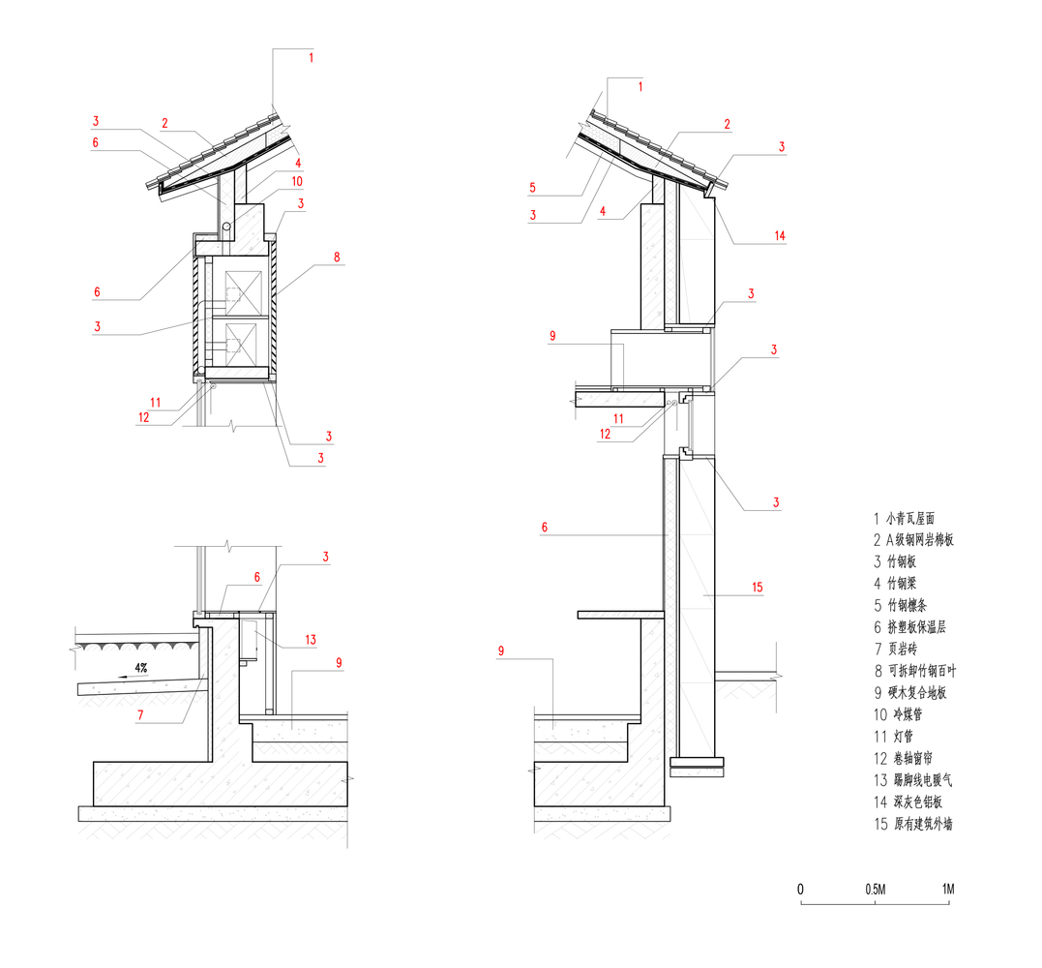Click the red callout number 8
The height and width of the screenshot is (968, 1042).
pyautogui.click(x=337, y=257)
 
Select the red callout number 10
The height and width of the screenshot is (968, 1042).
pyautogui.click(x=297, y=181)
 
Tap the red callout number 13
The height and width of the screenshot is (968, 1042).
pyautogui.click(x=311, y=640)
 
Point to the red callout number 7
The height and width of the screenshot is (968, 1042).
pyautogui.click(x=140, y=715)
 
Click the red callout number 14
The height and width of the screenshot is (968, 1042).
pyautogui.click(x=780, y=235)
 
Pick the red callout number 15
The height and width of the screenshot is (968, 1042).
pyautogui.click(x=757, y=587)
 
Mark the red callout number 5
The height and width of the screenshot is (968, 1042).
pyautogui.click(x=532, y=188)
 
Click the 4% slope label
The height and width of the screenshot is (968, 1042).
pyautogui.click(x=141, y=668)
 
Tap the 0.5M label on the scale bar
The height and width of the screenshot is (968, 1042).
pyautogui.click(x=876, y=890)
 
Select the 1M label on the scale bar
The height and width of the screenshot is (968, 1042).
pyautogui.click(x=948, y=889)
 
